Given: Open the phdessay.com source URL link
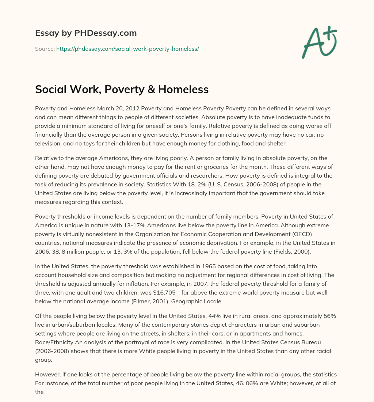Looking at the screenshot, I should [127, 49].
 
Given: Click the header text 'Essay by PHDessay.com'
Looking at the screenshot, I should [86, 33].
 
